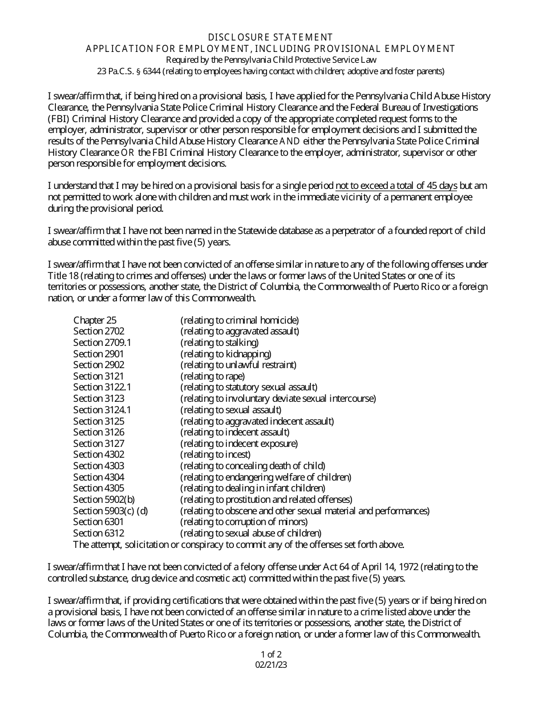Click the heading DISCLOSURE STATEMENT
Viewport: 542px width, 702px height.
(x=270, y=37)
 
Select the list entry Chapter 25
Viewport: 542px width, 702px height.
(x=95, y=320)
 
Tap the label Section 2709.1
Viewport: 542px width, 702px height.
(x=102, y=342)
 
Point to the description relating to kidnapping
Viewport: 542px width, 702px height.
(x=226, y=354)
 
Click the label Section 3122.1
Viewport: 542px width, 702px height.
(x=102, y=387)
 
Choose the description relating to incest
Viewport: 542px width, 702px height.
(x=216, y=454)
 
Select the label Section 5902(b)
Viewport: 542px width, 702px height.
(x=104, y=499)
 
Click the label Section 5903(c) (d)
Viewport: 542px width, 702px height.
(x=110, y=510)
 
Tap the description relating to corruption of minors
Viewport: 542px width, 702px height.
(x=244, y=522)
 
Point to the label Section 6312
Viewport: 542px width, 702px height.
(x=98, y=533)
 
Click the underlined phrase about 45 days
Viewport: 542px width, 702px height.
(x=397, y=186)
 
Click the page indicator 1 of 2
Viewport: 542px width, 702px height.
(x=271, y=654)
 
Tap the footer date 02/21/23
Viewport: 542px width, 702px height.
(x=271, y=664)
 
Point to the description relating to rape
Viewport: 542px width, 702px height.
(x=213, y=376)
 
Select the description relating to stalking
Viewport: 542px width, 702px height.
(x=220, y=342)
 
